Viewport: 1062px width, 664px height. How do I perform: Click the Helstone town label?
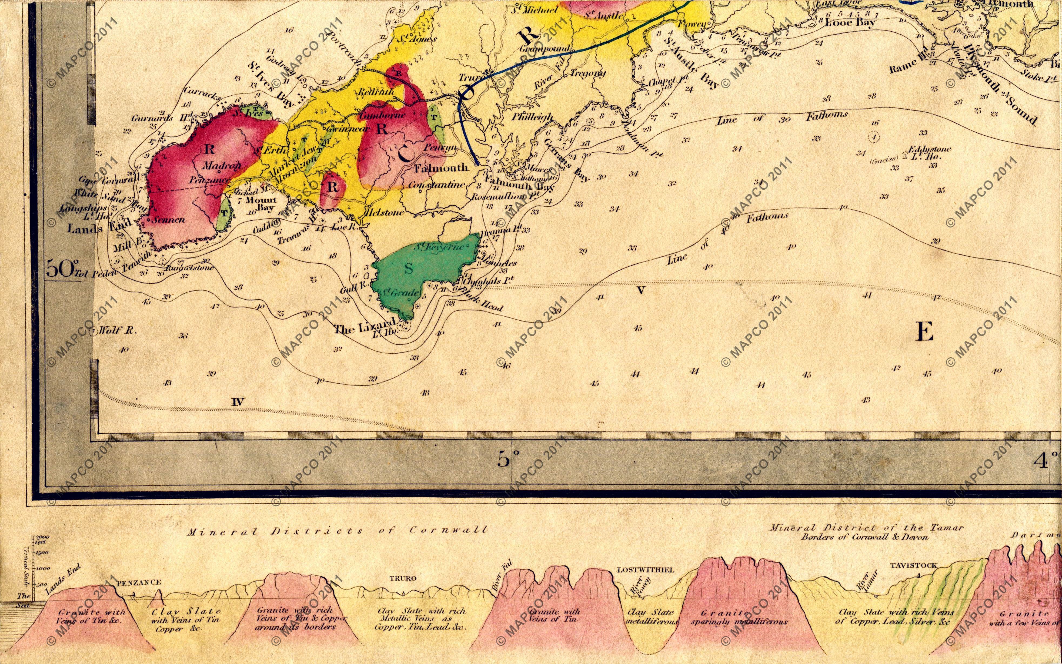[x=385, y=213]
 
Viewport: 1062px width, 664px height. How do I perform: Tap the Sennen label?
[x=169, y=220]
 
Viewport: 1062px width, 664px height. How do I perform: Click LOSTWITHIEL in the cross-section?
[x=645, y=570]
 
